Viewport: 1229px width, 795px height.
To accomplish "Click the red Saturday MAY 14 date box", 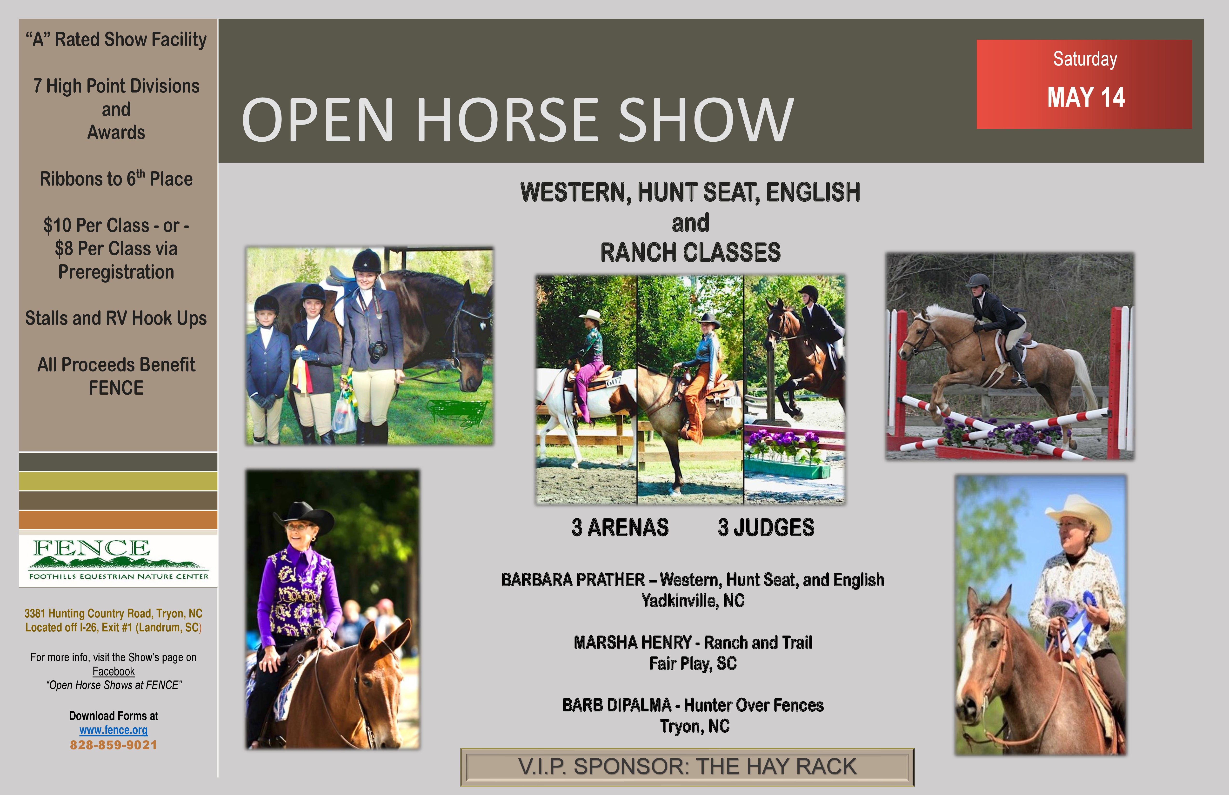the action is click(x=1084, y=84).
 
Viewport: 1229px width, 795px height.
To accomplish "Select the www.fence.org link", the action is click(x=114, y=730).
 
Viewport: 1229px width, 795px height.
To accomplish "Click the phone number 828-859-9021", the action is click(x=114, y=745).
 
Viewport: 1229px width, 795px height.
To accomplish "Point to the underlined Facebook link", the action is click(x=114, y=671).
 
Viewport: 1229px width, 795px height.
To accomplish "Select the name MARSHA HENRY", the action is click(x=633, y=643).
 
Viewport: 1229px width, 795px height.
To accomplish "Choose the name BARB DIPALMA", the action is click(x=617, y=705).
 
